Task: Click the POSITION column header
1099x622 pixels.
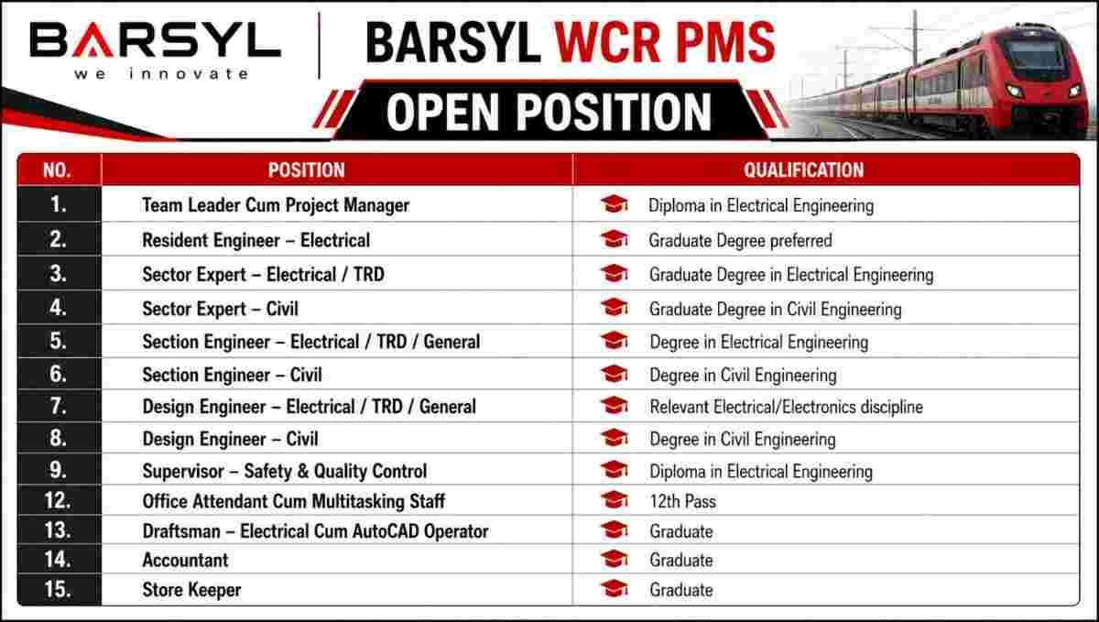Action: tap(306, 170)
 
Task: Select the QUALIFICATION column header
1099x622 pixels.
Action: tap(804, 170)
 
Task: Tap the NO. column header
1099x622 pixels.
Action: tap(57, 170)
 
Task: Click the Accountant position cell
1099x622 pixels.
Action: tap(185, 560)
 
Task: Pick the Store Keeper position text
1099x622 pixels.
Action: tap(191, 590)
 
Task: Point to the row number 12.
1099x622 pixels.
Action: tap(58, 501)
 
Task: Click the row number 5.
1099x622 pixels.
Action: tap(58, 341)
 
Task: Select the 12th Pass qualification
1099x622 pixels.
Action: tap(683, 501)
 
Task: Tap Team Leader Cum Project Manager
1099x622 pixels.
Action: tap(276, 205)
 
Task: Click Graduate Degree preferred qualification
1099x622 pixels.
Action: tap(740, 241)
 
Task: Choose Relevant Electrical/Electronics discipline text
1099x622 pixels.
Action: tap(787, 407)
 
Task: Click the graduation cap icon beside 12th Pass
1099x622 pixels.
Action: tap(615, 500)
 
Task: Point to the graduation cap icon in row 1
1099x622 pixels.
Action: tap(615, 204)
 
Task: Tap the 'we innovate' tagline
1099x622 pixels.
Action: tap(161, 74)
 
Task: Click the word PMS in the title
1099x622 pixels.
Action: tap(725, 43)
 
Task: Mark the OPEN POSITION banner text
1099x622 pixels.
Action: tap(549, 112)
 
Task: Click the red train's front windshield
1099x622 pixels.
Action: tap(1035, 58)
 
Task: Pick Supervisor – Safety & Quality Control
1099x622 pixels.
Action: tap(285, 471)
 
